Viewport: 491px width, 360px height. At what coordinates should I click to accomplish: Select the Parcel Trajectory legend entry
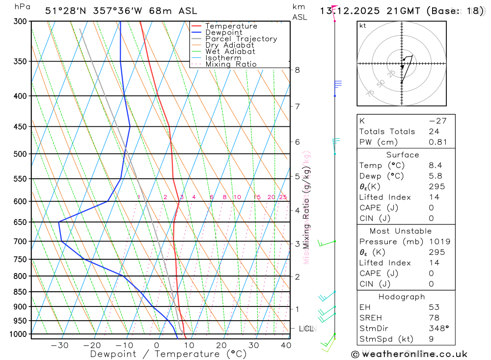pos(241,39)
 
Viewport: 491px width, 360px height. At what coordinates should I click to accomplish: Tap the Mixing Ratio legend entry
pos(231,64)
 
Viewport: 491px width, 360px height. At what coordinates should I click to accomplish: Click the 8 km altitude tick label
pos(298,70)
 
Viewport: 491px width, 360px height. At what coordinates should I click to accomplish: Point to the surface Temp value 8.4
pos(436,166)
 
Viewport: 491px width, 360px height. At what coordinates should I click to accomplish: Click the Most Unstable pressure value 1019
pos(439,242)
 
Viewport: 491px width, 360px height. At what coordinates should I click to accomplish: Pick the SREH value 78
pos(434,318)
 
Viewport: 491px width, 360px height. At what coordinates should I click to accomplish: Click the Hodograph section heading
pos(402,297)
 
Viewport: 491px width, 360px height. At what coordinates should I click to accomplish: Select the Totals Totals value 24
pos(434,132)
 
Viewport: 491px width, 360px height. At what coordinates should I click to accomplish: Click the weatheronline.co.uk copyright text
pos(409,354)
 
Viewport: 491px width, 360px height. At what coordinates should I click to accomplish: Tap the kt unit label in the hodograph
pos(363,26)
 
